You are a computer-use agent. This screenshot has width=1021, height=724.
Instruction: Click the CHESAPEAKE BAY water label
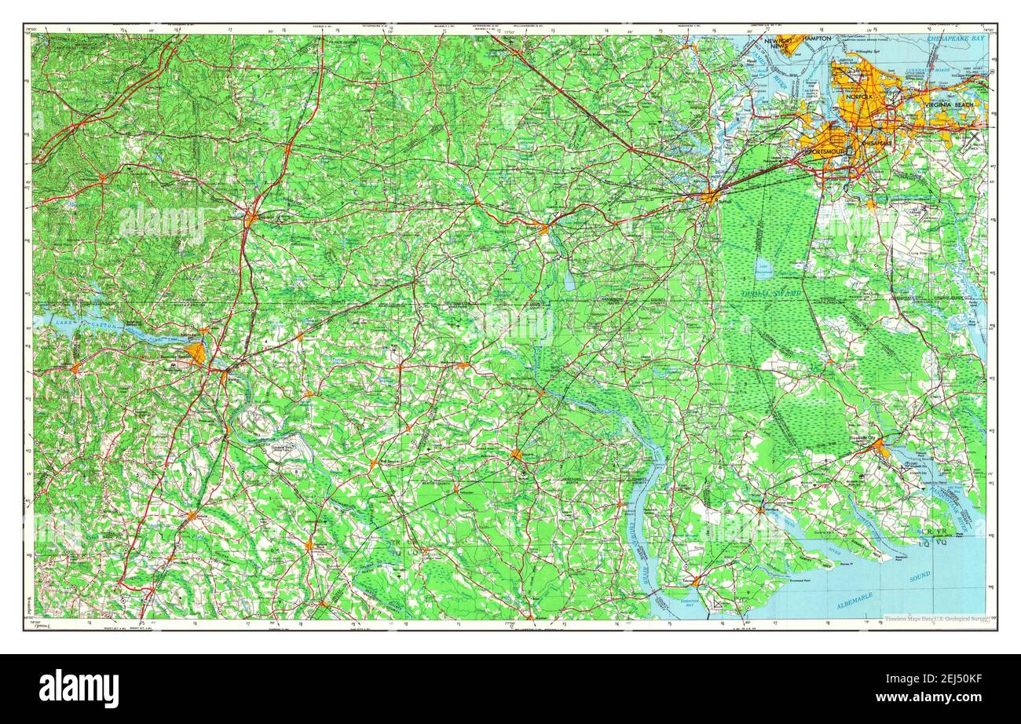point(954,38)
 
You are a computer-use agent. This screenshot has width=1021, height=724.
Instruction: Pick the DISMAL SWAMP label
point(772,294)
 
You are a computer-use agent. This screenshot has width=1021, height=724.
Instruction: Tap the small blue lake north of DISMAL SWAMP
point(763,268)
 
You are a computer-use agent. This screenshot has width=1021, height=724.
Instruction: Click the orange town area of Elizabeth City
point(880,448)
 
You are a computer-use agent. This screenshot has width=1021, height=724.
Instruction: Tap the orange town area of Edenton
point(695,582)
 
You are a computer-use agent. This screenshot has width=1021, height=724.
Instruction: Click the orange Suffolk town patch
point(709,196)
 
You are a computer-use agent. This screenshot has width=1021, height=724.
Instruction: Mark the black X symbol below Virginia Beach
point(974,137)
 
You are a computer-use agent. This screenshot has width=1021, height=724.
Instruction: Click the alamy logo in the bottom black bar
point(79,689)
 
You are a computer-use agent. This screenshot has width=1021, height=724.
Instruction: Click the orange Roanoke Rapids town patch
point(196,352)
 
